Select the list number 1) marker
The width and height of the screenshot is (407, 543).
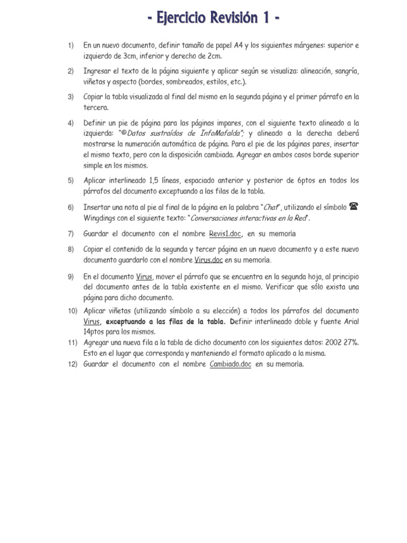pos(70,46)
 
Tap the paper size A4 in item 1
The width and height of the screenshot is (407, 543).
pos(240,46)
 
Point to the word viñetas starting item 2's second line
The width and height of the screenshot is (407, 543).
pos(95,82)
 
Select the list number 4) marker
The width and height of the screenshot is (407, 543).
pos(70,123)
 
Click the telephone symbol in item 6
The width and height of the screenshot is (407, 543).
pos(354,207)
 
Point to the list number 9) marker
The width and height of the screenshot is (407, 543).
pos(70,277)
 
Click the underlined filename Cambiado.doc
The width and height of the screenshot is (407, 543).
pos(231,364)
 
